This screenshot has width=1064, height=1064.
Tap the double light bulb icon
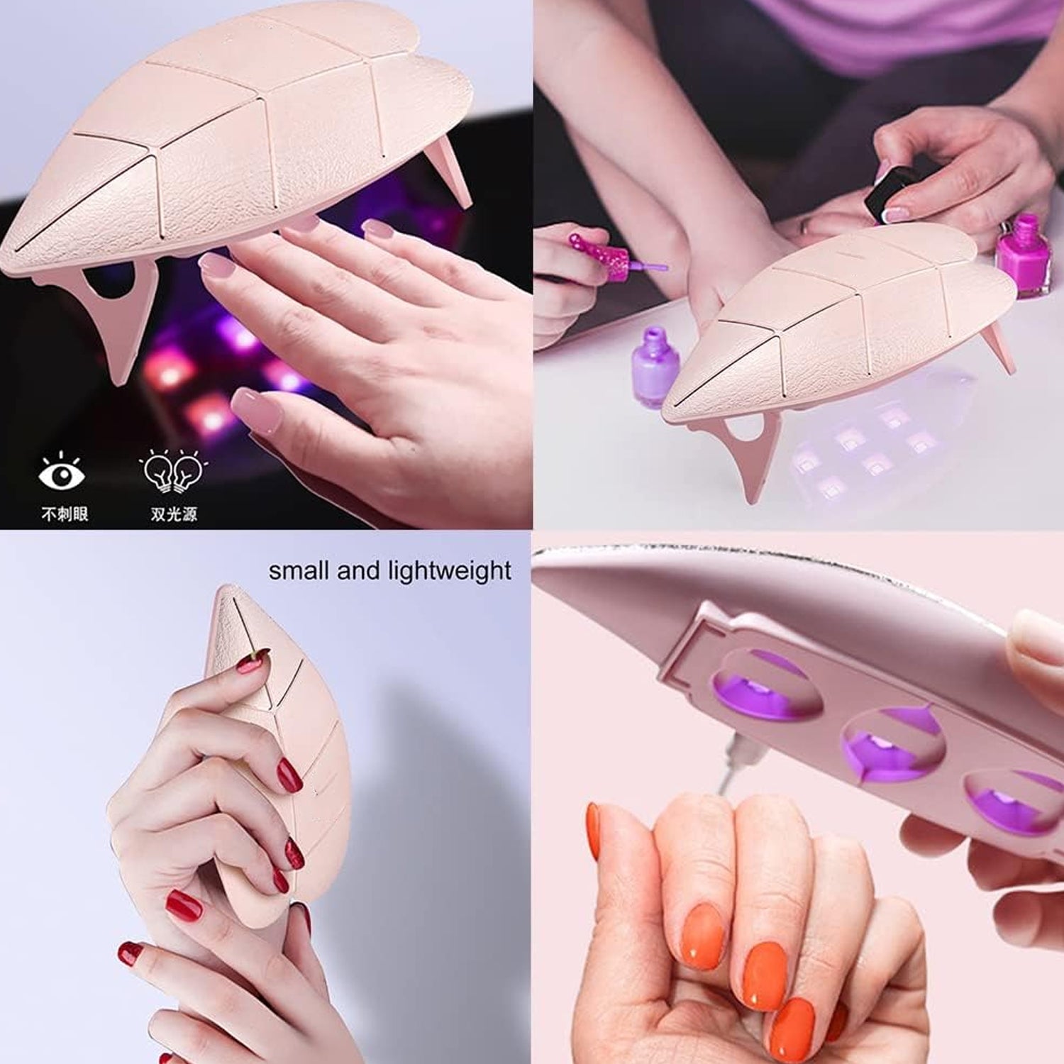173,471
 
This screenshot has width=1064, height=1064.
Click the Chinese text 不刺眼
65,514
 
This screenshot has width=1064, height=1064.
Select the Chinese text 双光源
174,514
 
